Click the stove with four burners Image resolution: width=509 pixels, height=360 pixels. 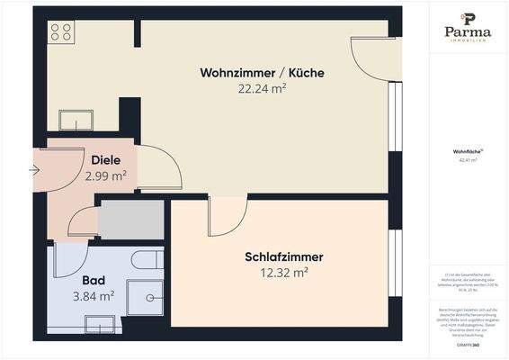point(62,32)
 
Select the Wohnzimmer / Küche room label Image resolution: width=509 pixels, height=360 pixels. point(262,73)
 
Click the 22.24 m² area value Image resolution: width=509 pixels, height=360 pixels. point(262,88)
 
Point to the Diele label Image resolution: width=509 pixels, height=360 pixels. point(105,161)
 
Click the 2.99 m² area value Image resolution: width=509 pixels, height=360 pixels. point(105,175)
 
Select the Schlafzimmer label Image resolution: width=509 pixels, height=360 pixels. point(283,257)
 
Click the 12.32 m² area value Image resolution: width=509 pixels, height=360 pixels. point(283,272)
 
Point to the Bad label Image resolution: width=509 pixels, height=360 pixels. point(94,280)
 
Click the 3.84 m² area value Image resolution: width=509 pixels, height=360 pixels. point(94,295)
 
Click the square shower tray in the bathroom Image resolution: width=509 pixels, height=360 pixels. point(144,297)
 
